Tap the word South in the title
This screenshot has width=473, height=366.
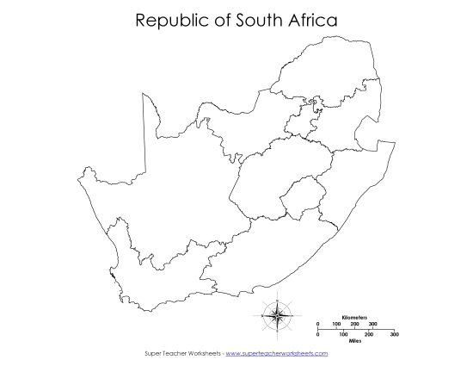pyautogui.click(x=262, y=20)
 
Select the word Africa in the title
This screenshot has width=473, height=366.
pyautogui.click(x=311, y=20)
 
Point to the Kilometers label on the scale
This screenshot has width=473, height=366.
pyautogui.click(x=354, y=318)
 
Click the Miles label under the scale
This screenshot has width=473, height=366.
pyautogui.click(x=354, y=340)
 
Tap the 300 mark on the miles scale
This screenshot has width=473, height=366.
pyautogui.click(x=394, y=334)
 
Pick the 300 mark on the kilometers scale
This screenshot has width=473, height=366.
pyautogui.click(x=373, y=324)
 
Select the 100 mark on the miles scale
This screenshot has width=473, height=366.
pyautogui.click(x=343, y=334)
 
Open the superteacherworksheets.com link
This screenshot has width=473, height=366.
pyautogui.click(x=276, y=353)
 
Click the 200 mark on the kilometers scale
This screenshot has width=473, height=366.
pyautogui.click(x=355, y=324)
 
